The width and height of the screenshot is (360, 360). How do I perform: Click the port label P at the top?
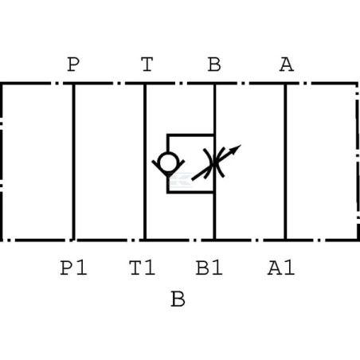tap(73, 65)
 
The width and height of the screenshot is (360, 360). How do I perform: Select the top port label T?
tap(147, 65)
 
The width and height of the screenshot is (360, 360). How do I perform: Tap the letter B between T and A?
tap(214, 65)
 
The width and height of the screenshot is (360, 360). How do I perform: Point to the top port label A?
tap(287, 65)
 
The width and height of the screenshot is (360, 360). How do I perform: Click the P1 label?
tap(73, 268)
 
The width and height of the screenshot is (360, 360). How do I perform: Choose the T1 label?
tap(143, 268)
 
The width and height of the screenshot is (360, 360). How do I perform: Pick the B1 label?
tap(209, 268)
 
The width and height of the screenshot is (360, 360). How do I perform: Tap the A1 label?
tap(281, 268)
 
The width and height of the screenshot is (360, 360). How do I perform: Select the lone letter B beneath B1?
tap(178, 299)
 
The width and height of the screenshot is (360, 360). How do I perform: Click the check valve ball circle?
tap(167, 161)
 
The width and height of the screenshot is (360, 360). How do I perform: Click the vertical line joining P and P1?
tap(73, 162)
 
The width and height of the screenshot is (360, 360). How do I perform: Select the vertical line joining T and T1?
tap(145, 162)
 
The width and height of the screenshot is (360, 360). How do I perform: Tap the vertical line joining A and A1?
tap(285, 162)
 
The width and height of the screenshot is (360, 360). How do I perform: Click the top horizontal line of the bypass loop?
tap(190, 135)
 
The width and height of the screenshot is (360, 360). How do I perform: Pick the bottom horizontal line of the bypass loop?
tap(190, 192)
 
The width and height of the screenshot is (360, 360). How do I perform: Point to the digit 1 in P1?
tap(82, 268)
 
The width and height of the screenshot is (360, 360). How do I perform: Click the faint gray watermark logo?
tap(181, 180)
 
